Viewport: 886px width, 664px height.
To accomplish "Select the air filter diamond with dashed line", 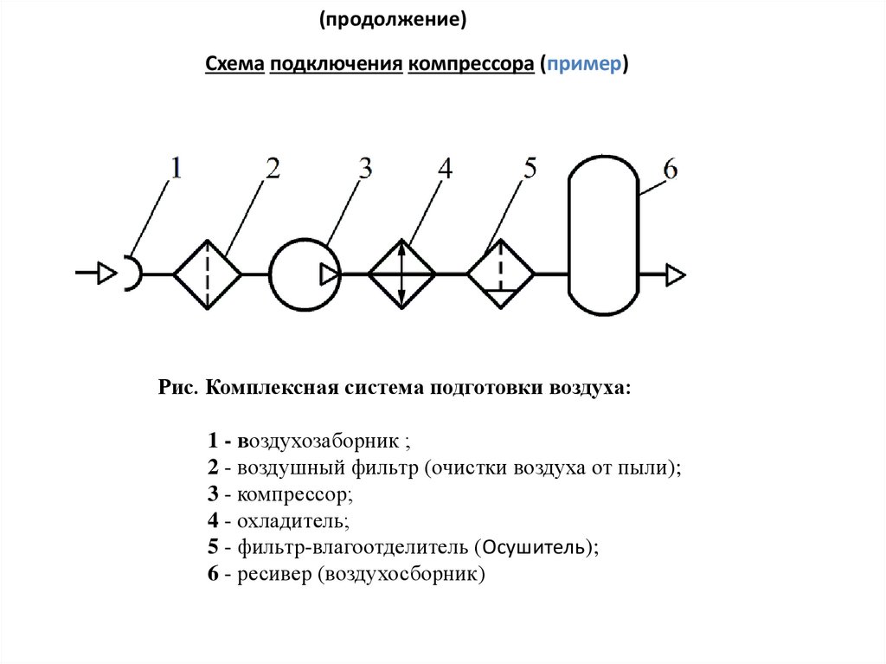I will coord(208,274).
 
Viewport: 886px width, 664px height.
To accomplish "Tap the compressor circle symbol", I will coord(303,274).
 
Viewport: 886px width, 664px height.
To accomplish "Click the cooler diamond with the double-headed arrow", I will coord(402,274).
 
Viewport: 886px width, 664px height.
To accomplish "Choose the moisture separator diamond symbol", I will coord(501,274).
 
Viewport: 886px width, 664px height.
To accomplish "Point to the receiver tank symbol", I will coord(603,235).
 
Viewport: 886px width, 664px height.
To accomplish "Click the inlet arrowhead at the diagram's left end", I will coord(106,274).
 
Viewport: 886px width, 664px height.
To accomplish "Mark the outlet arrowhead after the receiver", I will coord(676,275).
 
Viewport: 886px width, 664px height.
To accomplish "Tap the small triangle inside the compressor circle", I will coord(329,274).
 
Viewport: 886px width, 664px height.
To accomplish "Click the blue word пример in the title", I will coord(583,66).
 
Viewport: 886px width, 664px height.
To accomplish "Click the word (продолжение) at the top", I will coord(392,19).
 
